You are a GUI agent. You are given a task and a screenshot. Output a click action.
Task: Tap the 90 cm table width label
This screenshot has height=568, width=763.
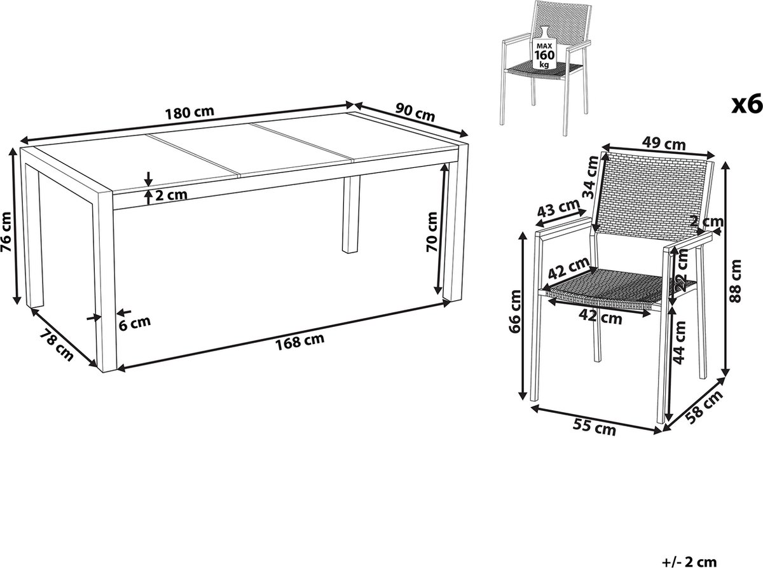415,113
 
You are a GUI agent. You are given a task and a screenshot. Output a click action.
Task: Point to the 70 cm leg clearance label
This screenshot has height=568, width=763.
432,232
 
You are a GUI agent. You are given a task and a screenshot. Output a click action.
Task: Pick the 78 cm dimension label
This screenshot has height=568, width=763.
57,345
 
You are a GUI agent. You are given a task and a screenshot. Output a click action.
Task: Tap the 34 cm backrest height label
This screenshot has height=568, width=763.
592,177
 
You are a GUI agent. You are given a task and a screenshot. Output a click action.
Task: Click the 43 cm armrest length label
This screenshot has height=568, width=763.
558,209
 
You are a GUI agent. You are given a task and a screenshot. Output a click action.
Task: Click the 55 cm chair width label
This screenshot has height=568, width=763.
594,427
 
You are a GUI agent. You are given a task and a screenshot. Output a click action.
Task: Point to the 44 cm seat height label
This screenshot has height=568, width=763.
680,342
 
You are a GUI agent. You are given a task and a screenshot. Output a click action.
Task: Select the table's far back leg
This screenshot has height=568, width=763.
351,215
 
